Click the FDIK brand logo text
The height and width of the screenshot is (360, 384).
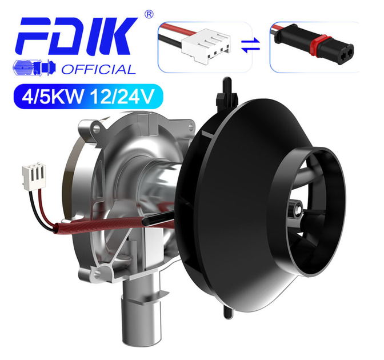(76, 36)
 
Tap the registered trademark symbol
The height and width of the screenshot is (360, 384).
(149, 14)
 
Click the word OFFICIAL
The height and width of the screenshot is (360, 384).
(98, 70)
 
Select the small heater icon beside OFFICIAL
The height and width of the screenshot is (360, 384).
(34, 67)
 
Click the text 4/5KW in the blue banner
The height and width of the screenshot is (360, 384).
(53, 97)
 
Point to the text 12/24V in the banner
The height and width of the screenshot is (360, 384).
(122, 97)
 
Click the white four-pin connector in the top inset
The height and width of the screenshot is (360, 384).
(206, 46)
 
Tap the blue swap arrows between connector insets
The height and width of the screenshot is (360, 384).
(250, 45)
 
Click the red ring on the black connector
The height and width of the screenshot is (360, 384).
(319, 46)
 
